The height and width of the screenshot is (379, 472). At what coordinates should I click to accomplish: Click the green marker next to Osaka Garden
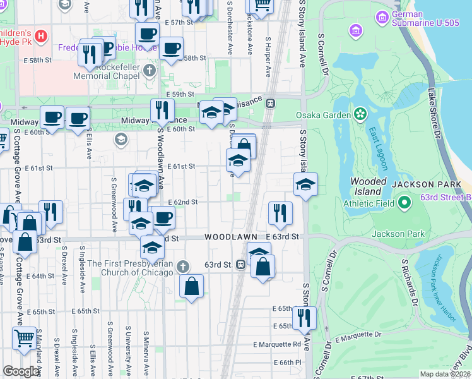click(360, 114)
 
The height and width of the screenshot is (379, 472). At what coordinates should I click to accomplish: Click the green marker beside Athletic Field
click(404, 203)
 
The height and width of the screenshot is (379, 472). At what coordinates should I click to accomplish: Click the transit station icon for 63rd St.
click(241, 265)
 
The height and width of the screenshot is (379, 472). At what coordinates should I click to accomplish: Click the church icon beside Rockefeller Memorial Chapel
click(150, 70)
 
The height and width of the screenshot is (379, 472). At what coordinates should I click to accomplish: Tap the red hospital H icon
click(41, 36)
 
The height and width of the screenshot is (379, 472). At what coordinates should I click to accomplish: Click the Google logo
click(21, 371)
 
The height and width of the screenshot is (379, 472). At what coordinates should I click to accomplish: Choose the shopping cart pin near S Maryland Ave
click(24, 337)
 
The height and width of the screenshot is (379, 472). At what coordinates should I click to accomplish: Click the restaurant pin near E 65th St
click(304, 318)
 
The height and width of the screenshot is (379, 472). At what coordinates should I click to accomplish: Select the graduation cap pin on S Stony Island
click(305, 184)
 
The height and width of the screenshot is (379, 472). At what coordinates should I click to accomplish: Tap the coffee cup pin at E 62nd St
click(163, 218)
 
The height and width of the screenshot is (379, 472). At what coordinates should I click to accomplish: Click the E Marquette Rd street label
click(277, 344)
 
